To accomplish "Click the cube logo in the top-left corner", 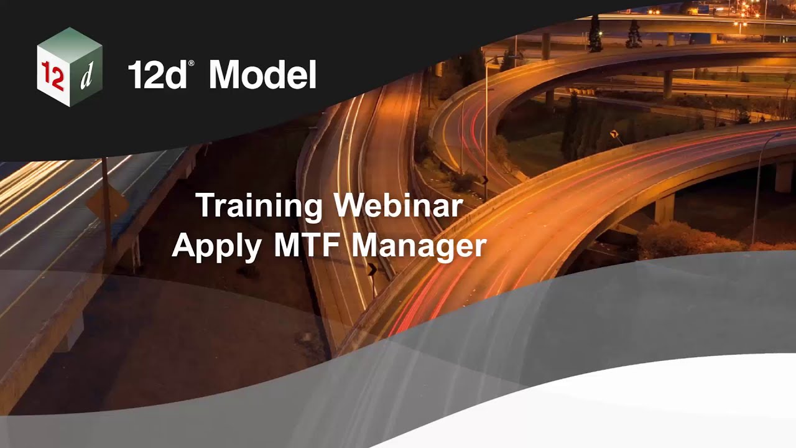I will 70,67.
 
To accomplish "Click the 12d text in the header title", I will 157,75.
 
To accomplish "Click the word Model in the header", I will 262,75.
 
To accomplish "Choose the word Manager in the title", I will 419,245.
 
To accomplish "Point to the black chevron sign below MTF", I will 372,269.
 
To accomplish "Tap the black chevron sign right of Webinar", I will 484,180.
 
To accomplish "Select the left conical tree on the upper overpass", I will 595,35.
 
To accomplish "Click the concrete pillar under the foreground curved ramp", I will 664,208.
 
